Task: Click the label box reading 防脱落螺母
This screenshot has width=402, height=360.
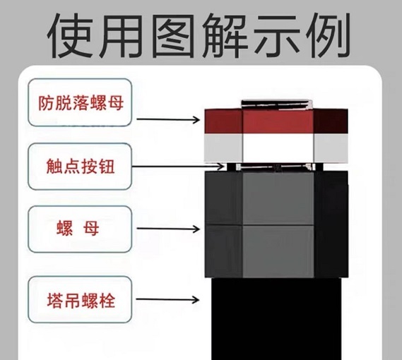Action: (80, 102)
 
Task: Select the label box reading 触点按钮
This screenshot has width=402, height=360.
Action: (80, 167)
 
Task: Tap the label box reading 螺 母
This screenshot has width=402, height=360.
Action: (80, 229)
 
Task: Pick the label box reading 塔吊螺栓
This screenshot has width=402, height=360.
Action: (80, 299)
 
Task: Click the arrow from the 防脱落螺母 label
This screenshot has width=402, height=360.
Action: (168, 119)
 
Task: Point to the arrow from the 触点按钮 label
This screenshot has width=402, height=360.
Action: (178, 167)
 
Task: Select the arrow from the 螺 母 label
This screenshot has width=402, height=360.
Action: (168, 229)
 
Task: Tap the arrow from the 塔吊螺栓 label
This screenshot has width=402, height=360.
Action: (167, 299)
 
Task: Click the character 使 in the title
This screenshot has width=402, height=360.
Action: (71, 36)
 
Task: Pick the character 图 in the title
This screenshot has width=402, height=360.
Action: (173, 36)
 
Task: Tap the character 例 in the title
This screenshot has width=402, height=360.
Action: (327, 35)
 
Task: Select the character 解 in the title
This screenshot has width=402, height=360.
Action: (225, 36)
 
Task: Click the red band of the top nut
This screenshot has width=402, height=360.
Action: (276, 121)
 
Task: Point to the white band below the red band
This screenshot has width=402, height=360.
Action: (276, 148)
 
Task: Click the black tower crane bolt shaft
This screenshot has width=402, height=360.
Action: (276, 319)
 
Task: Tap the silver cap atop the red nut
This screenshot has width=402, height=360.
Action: (277, 104)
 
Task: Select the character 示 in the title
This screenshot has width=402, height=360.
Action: (276, 36)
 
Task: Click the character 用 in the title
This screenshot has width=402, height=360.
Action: (121, 36)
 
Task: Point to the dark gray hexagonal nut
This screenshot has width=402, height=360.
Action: (276, 224)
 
